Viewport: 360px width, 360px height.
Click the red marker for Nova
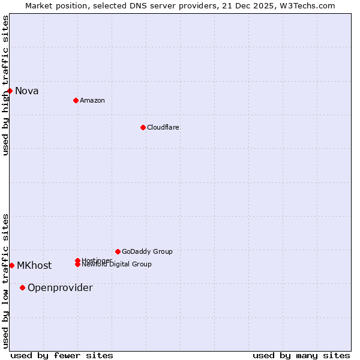pos(10,91)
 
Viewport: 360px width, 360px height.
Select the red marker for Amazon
pos(76,100)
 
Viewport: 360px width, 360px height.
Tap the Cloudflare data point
pos(143,127)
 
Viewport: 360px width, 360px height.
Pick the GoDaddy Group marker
pos(118,251)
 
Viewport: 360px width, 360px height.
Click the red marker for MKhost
pos(11,265)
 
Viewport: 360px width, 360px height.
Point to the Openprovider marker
pos(23,287)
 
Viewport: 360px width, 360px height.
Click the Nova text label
pos(27,91)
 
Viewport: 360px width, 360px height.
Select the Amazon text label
pos(92,100)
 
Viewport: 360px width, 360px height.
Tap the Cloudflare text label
pos(163,127)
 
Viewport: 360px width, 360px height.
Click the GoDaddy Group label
pos(147,251)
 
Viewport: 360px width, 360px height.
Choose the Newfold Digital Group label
pos(117,265)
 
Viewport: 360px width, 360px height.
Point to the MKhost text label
pos(34,266)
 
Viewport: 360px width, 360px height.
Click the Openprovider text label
pos(60,288)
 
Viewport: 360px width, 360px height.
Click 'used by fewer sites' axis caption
pos(62,356)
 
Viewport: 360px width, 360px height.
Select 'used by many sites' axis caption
pos(301,356)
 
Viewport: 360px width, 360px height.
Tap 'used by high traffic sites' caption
pos(6,85)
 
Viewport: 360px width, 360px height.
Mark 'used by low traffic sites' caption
pos(6,281)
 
